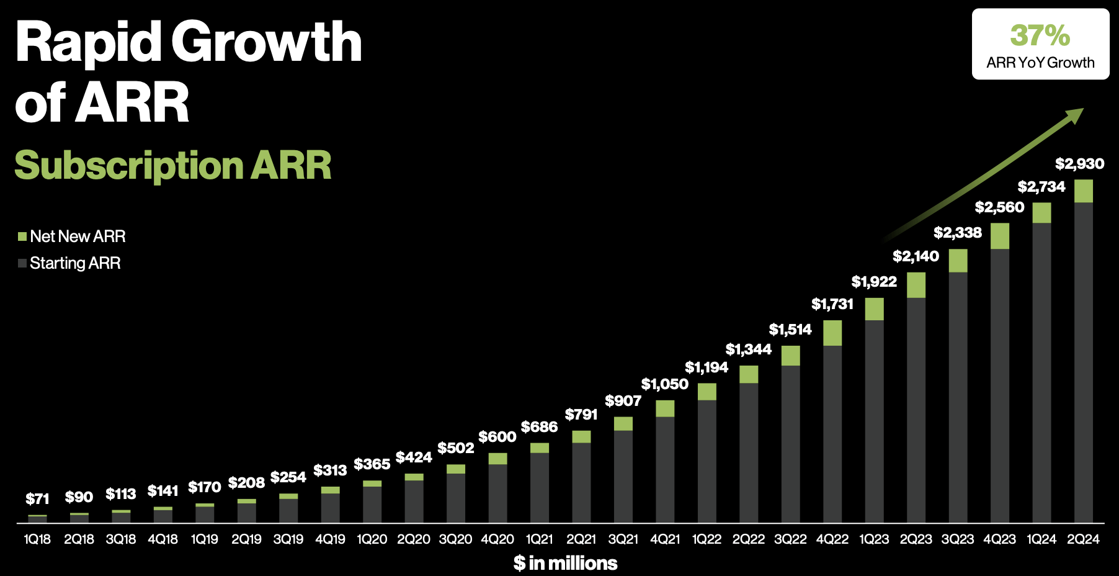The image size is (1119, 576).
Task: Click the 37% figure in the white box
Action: click(x=1040, y=35)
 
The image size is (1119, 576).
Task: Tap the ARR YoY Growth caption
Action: click(x=1040, y=63)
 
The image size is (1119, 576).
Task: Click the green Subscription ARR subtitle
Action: click(x=173, y=165)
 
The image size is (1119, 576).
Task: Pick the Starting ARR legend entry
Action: click(x=69, y=263)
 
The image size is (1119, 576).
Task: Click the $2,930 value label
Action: click(x=1079, y=164)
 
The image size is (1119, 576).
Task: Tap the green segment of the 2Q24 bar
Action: click(x=1083, y=191)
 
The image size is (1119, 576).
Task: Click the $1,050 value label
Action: click(x=664, y=384)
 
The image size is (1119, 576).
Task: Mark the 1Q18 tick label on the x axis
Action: click(x=37, y=539)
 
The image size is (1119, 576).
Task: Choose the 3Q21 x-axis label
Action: click(x=623, y=539)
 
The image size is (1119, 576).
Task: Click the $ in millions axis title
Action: click(x=565, y=563)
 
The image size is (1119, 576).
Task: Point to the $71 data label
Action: click(x=37, y=499)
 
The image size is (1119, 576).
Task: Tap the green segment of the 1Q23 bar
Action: click(x=874, y=309)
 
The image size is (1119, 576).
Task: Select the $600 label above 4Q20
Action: click(x=497, y=437)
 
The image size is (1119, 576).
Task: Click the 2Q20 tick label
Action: click(x=413, y=539)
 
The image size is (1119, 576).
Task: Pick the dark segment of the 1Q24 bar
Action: click(x=1041, y=372)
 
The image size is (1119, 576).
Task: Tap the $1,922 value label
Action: click(x=873, y=282)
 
